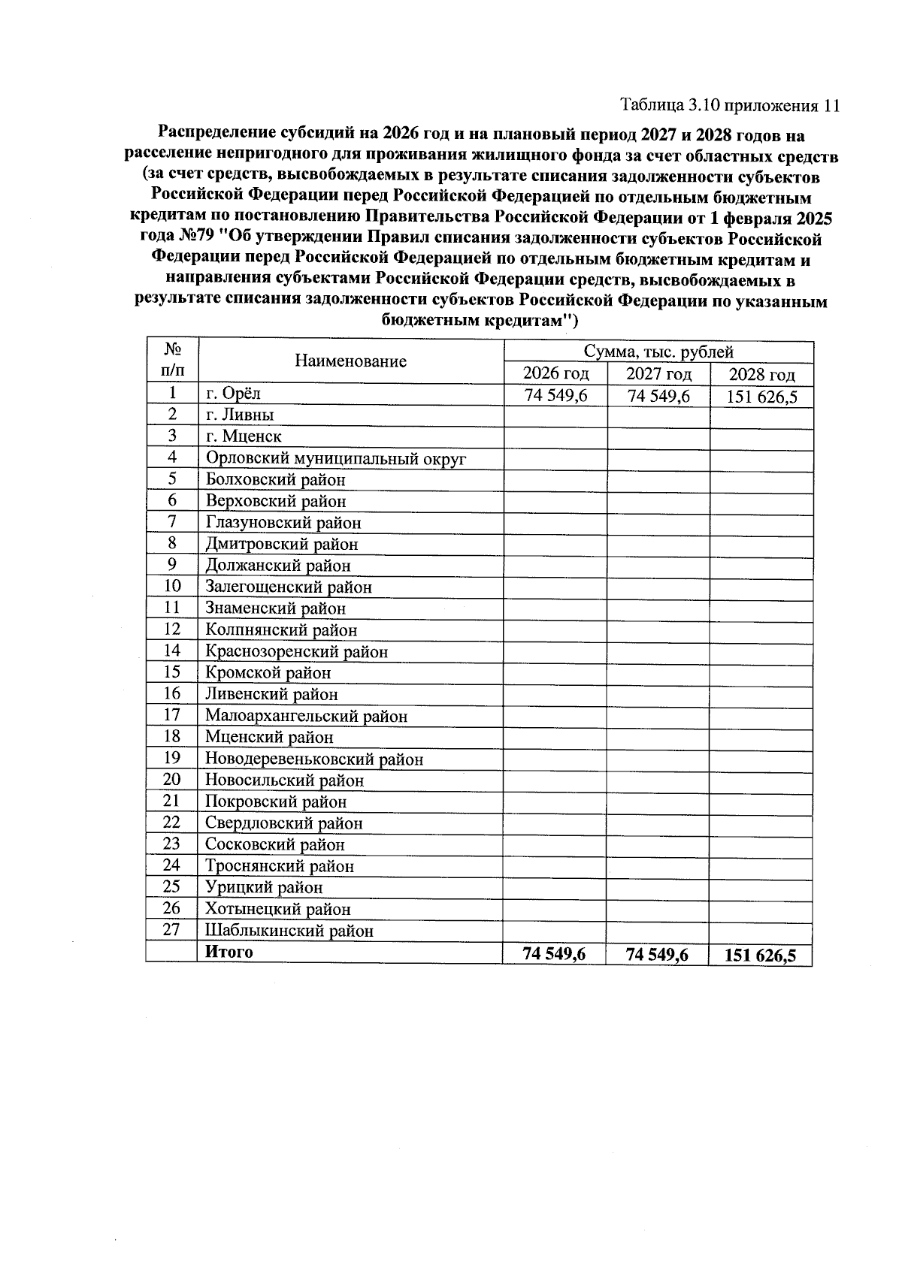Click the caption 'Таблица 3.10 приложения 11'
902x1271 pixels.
(729, 105)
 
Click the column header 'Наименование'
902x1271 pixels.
(350, 361)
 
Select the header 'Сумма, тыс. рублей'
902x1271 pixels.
(658, 352)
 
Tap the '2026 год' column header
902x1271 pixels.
(555, 373)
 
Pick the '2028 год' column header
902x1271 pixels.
(761, 375)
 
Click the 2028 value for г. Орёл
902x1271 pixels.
(761, 397)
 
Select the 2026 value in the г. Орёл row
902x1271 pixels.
(555, 396)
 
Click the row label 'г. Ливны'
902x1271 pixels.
(240, 415)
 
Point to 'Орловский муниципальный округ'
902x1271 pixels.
(336, 458)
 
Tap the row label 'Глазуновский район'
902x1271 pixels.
(283, 523)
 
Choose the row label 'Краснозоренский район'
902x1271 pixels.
(296, 652)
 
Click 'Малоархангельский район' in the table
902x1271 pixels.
(306, 717)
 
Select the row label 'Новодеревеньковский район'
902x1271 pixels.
(314, 759)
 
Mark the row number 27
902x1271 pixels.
(172, 930)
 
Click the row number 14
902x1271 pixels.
(172, 651)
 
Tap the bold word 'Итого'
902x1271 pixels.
(229, 952)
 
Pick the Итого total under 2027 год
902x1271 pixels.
(658, 955)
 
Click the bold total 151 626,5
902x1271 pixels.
(760, 956)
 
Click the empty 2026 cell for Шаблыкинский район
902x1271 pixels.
(555, 931)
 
